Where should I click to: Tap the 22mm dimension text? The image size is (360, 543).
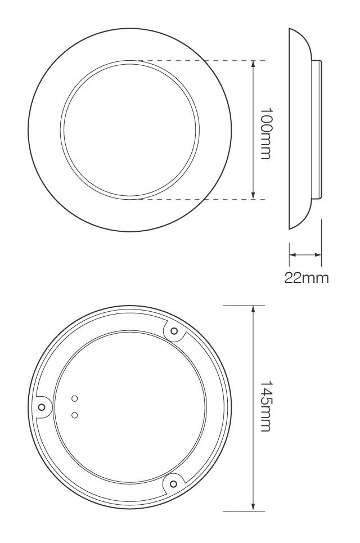(x=306, y=278)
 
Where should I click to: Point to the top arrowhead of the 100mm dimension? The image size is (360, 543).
(x=253, y=64)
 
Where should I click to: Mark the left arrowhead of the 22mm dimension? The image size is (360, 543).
(x=292, y=255)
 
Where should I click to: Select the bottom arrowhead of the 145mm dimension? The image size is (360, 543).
(x=253, y=506)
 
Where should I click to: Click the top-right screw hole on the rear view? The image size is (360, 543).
(x=174, y=331)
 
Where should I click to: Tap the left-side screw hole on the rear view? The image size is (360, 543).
(x=42, y=406)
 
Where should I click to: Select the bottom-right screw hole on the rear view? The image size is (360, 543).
(x=173, y=482)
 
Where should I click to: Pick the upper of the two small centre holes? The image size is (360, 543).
(x=75, y=399)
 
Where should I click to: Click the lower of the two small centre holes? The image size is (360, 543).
(x=75, y=415)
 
